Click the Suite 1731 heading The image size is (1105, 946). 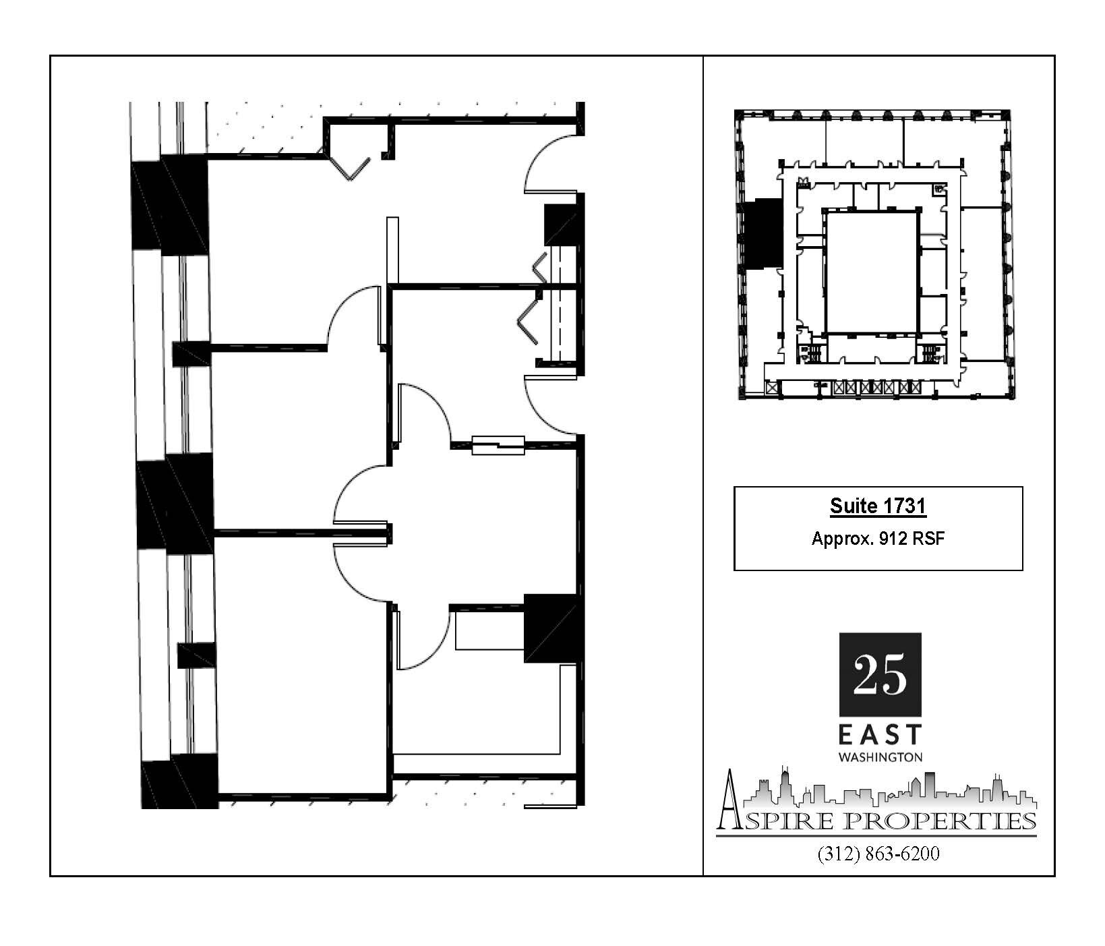pos(878,506)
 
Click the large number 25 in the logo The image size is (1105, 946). pos(880,675)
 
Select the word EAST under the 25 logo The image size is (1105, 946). pos(880,735)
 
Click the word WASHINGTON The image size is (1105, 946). pos(880,757)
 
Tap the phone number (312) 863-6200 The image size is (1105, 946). pos(878,854)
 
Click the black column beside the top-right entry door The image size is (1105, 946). pos(561,225)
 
